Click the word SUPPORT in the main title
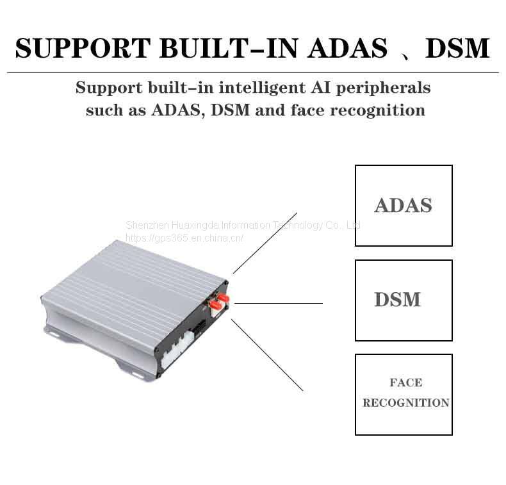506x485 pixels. pyautogui.click(x=81, y=48)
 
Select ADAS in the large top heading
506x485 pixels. pyautogui.click(x=347, y=48)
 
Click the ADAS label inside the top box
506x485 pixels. pyautogui.click(x=403, y=206)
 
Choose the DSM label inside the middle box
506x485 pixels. pyautogui.click(x=397, y=300)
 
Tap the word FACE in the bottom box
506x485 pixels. pyautogui.click(x=405, y=382)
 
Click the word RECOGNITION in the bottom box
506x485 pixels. pyautogui.click(x=405, y=403)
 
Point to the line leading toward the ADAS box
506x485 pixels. pyautogui.click(x=265, y=243)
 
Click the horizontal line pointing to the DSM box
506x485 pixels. pyautogui.click(x=279, y=303)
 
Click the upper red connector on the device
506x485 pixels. pyautogui.click(x=224, y=297)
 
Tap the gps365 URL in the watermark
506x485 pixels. pyautogui.click(x=184, y=238)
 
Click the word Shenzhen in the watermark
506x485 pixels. pyautogui.click(x=146, y=226)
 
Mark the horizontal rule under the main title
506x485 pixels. pyautogui.click(x=252, y=72)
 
